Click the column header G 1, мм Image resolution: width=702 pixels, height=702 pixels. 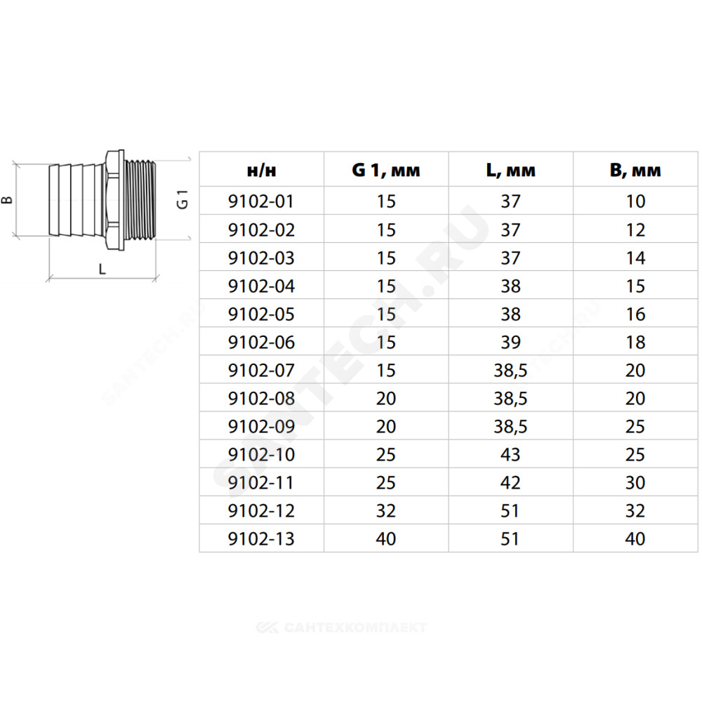tap(386, 171)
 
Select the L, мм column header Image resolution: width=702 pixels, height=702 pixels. tap(511, 171)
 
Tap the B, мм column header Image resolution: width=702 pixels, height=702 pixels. tap(635, 171)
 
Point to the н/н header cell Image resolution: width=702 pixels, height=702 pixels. tap(261, 171)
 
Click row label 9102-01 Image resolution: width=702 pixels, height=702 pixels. tap(261, 201)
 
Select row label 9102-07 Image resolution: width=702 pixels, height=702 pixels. tap(261, 370)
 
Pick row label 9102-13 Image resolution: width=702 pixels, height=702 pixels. tap(261, 538)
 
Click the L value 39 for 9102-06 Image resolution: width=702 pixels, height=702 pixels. tap(511, 342)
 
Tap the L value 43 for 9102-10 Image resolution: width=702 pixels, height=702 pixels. tap(511, 454)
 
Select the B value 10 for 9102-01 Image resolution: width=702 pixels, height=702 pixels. tap(635, 201)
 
